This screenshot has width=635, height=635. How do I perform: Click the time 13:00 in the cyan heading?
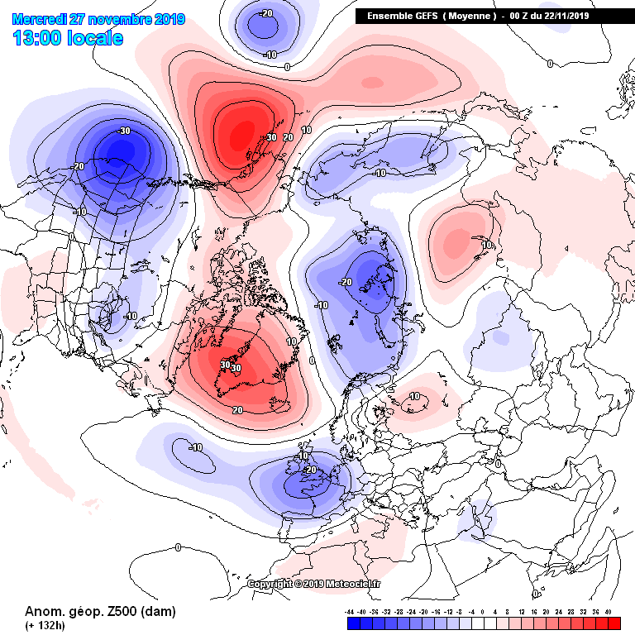(40, 38)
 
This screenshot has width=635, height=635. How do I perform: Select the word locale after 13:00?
(97, 38)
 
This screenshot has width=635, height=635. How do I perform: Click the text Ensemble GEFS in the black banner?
(400, 16)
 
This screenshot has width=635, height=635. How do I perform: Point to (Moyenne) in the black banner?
(471, 16)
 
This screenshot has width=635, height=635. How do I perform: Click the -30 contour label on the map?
(124, 131)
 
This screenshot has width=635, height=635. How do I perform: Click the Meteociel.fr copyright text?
(318, 584)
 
